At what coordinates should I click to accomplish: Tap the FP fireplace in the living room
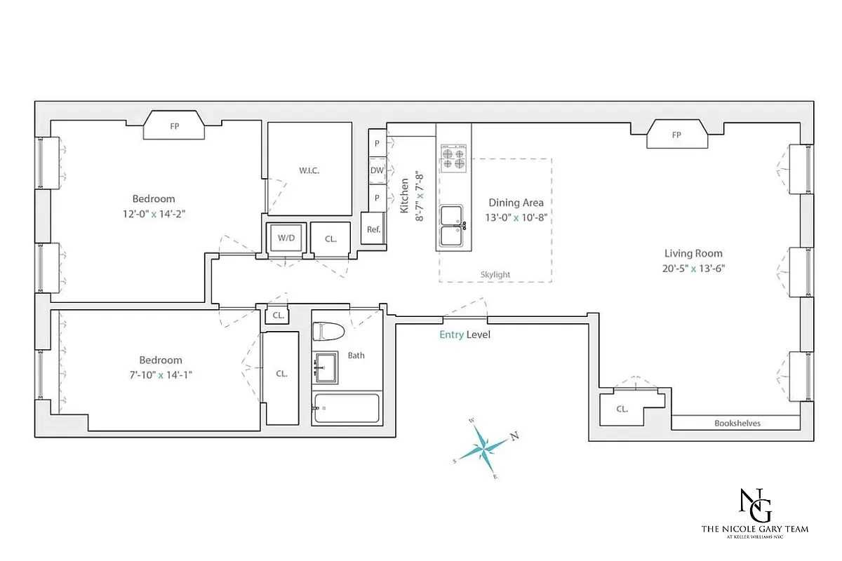tap(676, 135)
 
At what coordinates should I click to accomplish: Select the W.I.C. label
tap(309, 171)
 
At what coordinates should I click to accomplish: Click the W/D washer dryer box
tap(286, 238)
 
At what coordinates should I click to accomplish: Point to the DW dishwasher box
tap(377, 170)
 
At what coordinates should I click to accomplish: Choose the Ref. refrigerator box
tap(373, 230)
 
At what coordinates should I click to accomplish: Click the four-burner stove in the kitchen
tap(453, 158)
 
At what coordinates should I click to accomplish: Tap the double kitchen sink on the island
tap(453, 226)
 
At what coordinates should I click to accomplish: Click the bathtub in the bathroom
tap(347, 408)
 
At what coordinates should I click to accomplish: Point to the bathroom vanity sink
tap(324, 365)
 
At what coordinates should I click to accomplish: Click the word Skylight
tap(495, 275)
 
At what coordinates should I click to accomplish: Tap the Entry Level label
tap(465, 335)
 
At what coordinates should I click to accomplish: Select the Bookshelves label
tap(737, 424)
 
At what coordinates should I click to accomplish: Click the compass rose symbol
tap(484, 447)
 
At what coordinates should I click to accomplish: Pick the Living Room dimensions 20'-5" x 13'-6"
tap(693, 268)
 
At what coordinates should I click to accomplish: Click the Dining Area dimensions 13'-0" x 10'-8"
tap(516, 217)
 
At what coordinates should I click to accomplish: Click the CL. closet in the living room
tap(622, 409)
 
